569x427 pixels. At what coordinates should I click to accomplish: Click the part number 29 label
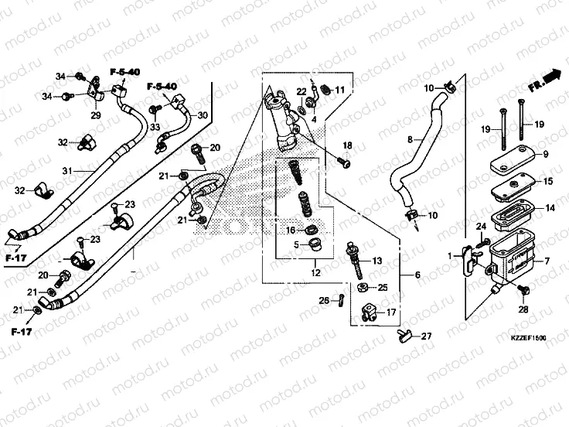[x=97, y=115]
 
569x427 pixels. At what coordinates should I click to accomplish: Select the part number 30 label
[x=203, y=115]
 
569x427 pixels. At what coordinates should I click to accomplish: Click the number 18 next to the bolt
[x=347, y=146]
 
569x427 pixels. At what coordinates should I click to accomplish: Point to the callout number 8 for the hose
[x=411, y=139]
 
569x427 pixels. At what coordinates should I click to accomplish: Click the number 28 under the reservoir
[x=523, y=309]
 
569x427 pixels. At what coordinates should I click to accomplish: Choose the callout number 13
[x=378, y=262]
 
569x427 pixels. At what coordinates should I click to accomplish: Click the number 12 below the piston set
[x=315, y=272]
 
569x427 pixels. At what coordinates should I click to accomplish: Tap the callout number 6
[x=417, y=275]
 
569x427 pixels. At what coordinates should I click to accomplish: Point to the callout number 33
[x=155, y=127]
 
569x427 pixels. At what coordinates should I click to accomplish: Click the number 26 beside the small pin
[x=324, y=300]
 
